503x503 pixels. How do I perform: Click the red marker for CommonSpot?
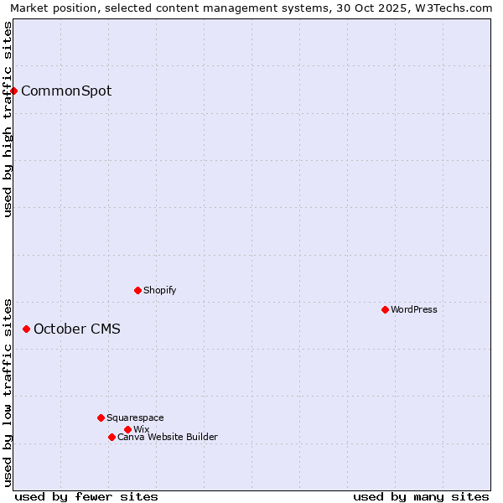pyautogui.click(x=14, y=91)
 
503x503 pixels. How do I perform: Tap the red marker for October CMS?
pyautogui.click(x=26, y=329)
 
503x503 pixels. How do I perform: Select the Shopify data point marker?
pyautogui.click(x=137, y=290)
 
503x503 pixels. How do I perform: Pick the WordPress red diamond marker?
pyautogui.click(x=385, y=309)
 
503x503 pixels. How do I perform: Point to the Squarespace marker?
pyautogui.click(x=101, y=417)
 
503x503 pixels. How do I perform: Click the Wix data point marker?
pyautogui.click(x=127, y=429)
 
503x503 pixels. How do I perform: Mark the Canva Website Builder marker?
pyautogui.click(x=111, y=437)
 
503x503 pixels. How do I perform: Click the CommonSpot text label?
pyautogui.click(x=66, y=91)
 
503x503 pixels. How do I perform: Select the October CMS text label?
pyautogui.click(x=77, y=329)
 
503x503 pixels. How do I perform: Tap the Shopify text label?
pyautogui.click(x=160, y=290)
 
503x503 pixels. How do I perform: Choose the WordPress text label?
pyautogui.click(x=414, y=309)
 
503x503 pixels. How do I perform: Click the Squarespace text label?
pyautogui.click(x=135, y=417)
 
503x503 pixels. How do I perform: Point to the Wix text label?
pyautogui.click(x=141, y=429)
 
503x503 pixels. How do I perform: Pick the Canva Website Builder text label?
pyautogui.click(x=168, y=437)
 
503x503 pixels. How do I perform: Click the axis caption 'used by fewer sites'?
pyautogui.click(x=86, y=496)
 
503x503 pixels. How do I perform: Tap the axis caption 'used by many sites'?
pyautogui.click(x=421, y=496)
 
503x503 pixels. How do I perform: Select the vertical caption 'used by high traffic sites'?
pyautogui.click(x=8, y=119)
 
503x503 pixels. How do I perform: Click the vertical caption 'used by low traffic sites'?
pyautogui.click(x=8, y=392)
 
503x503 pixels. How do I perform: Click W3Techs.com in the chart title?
pyautogui.click(x=459, y=8)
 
